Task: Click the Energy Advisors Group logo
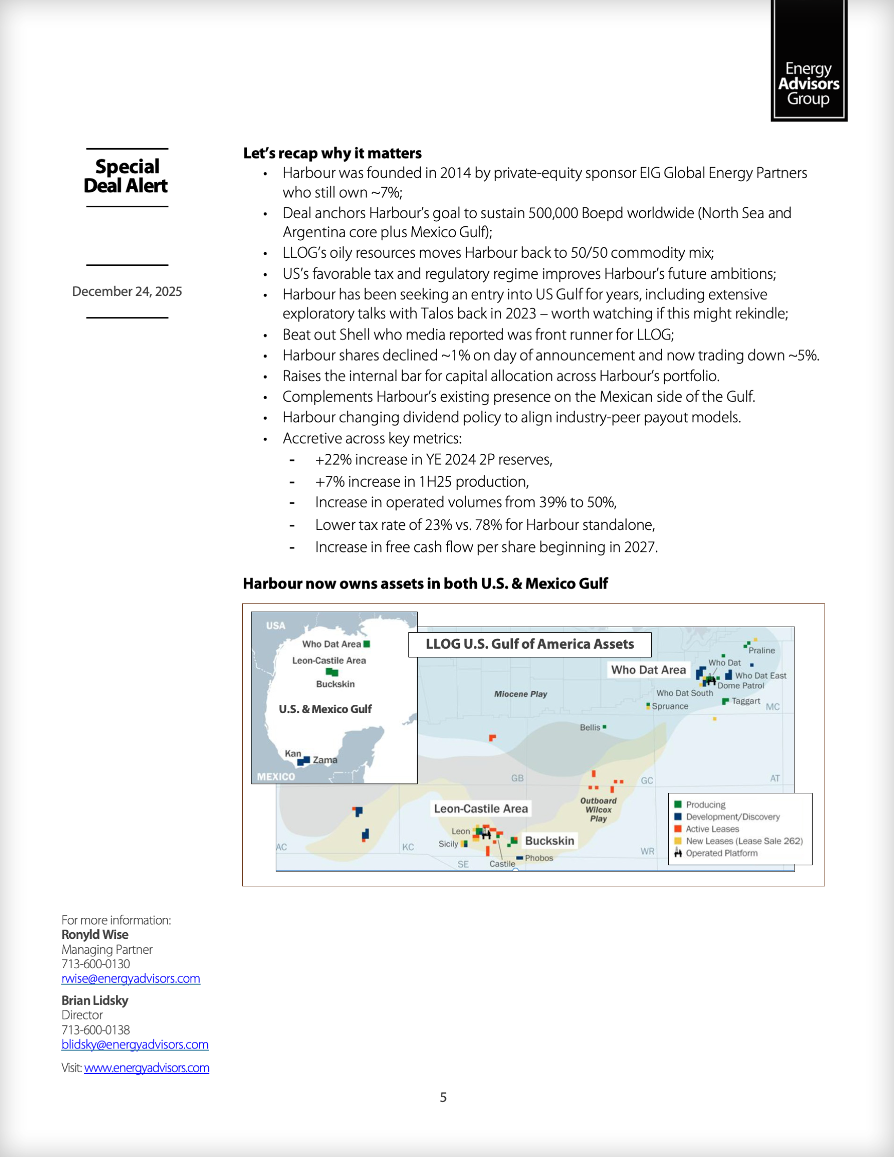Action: click(x=808, y=61)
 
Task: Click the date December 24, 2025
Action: click(x=127, y=291)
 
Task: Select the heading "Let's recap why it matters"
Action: click(x=332, y=153)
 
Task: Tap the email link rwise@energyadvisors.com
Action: click(x=131, y=978)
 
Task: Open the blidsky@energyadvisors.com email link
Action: click(x=135, y=1044)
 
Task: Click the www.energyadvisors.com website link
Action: click(x=147, y=1067)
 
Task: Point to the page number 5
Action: click(x=443, y=1097)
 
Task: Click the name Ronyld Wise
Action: click(x=95, y=934)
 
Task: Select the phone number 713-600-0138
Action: click(x=95, y=1029)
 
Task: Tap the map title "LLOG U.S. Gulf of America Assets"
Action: click(x=530, y=644)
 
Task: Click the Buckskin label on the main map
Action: click(x=549, y=841)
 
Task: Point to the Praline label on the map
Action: click(x=762, y=651)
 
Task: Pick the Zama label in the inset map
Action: click(x=325, y=760)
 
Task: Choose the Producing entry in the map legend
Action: click(x=705, y=805)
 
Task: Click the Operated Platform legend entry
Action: click(x=721, y=853)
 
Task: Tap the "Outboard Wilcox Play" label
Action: click(x=598, y=809)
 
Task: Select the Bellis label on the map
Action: click(x=590, y=727)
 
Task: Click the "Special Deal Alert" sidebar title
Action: click(x=127, y=176)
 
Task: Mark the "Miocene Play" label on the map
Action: click(x=520, y=694)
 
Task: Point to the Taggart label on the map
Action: click(x=746, y=701)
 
